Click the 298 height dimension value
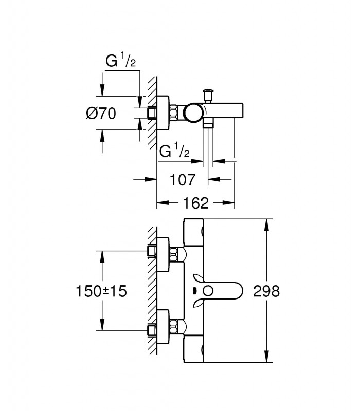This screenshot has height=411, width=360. click(x=266, y=291)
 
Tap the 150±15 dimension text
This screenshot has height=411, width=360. click(x=101, y=291)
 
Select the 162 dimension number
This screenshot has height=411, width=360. click(x=196, y=203)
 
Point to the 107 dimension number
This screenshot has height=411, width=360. click(x=183, y=180)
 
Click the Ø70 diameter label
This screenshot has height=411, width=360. click(x=101, y=114)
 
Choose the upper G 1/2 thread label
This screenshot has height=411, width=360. click(x=121, y=61)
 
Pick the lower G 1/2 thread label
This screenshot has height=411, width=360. click(x=174, y=151)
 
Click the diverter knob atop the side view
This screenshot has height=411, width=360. click(x=208, y=96)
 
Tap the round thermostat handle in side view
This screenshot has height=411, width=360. click(x=193, y=113)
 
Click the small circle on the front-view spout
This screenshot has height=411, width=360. click(x=208, y=291)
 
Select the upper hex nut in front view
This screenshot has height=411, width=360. click(x=173, y=255)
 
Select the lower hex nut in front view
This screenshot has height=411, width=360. click(x=173, y=327)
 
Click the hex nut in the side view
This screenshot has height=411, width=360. click(x=174, y=113)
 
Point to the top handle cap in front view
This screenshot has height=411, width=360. click(x=193, y=233)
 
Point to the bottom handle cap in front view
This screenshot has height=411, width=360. click(x=193, y=349)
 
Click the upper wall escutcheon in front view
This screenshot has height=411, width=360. click(x=163, y=254)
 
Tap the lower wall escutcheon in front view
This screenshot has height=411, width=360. click(x=163, y=327)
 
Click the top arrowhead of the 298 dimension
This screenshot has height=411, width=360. click(x=266, y=225)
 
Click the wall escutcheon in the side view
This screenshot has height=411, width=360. click(x=163, y=113)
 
